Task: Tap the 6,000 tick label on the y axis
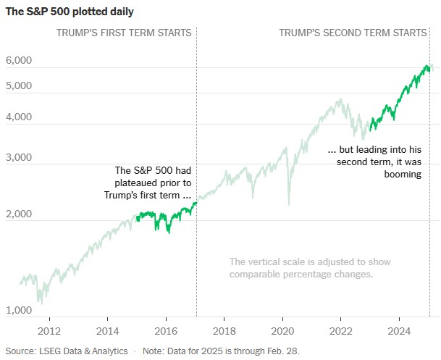click(x=19, y=61)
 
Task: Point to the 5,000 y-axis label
click(x=19, y=85)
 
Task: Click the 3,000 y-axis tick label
click(x=19, y=156)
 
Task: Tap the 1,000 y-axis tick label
click(x=19, y=311)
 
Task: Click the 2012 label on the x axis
click(x=49, y=331)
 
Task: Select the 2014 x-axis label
click(x=108, y=331)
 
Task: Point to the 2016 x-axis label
click(x=167, y=331)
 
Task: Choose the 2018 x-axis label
click(x=224, y=331)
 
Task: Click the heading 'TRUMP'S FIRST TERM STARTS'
click(x=124, y=33)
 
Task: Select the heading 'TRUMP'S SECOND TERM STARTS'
click(x=353, y=33)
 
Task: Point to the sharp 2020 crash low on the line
click(x=289, y=204)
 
